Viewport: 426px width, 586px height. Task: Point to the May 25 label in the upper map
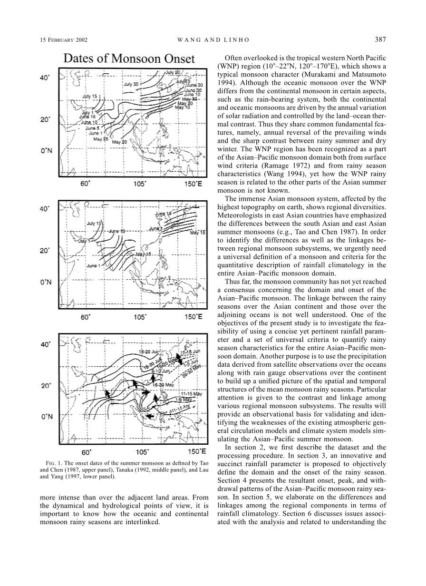click(101, 139)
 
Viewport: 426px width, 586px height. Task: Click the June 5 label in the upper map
click(92, 128)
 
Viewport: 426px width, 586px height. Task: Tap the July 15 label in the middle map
click(94, 223)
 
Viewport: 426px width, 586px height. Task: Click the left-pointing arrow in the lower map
click(148, 416)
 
